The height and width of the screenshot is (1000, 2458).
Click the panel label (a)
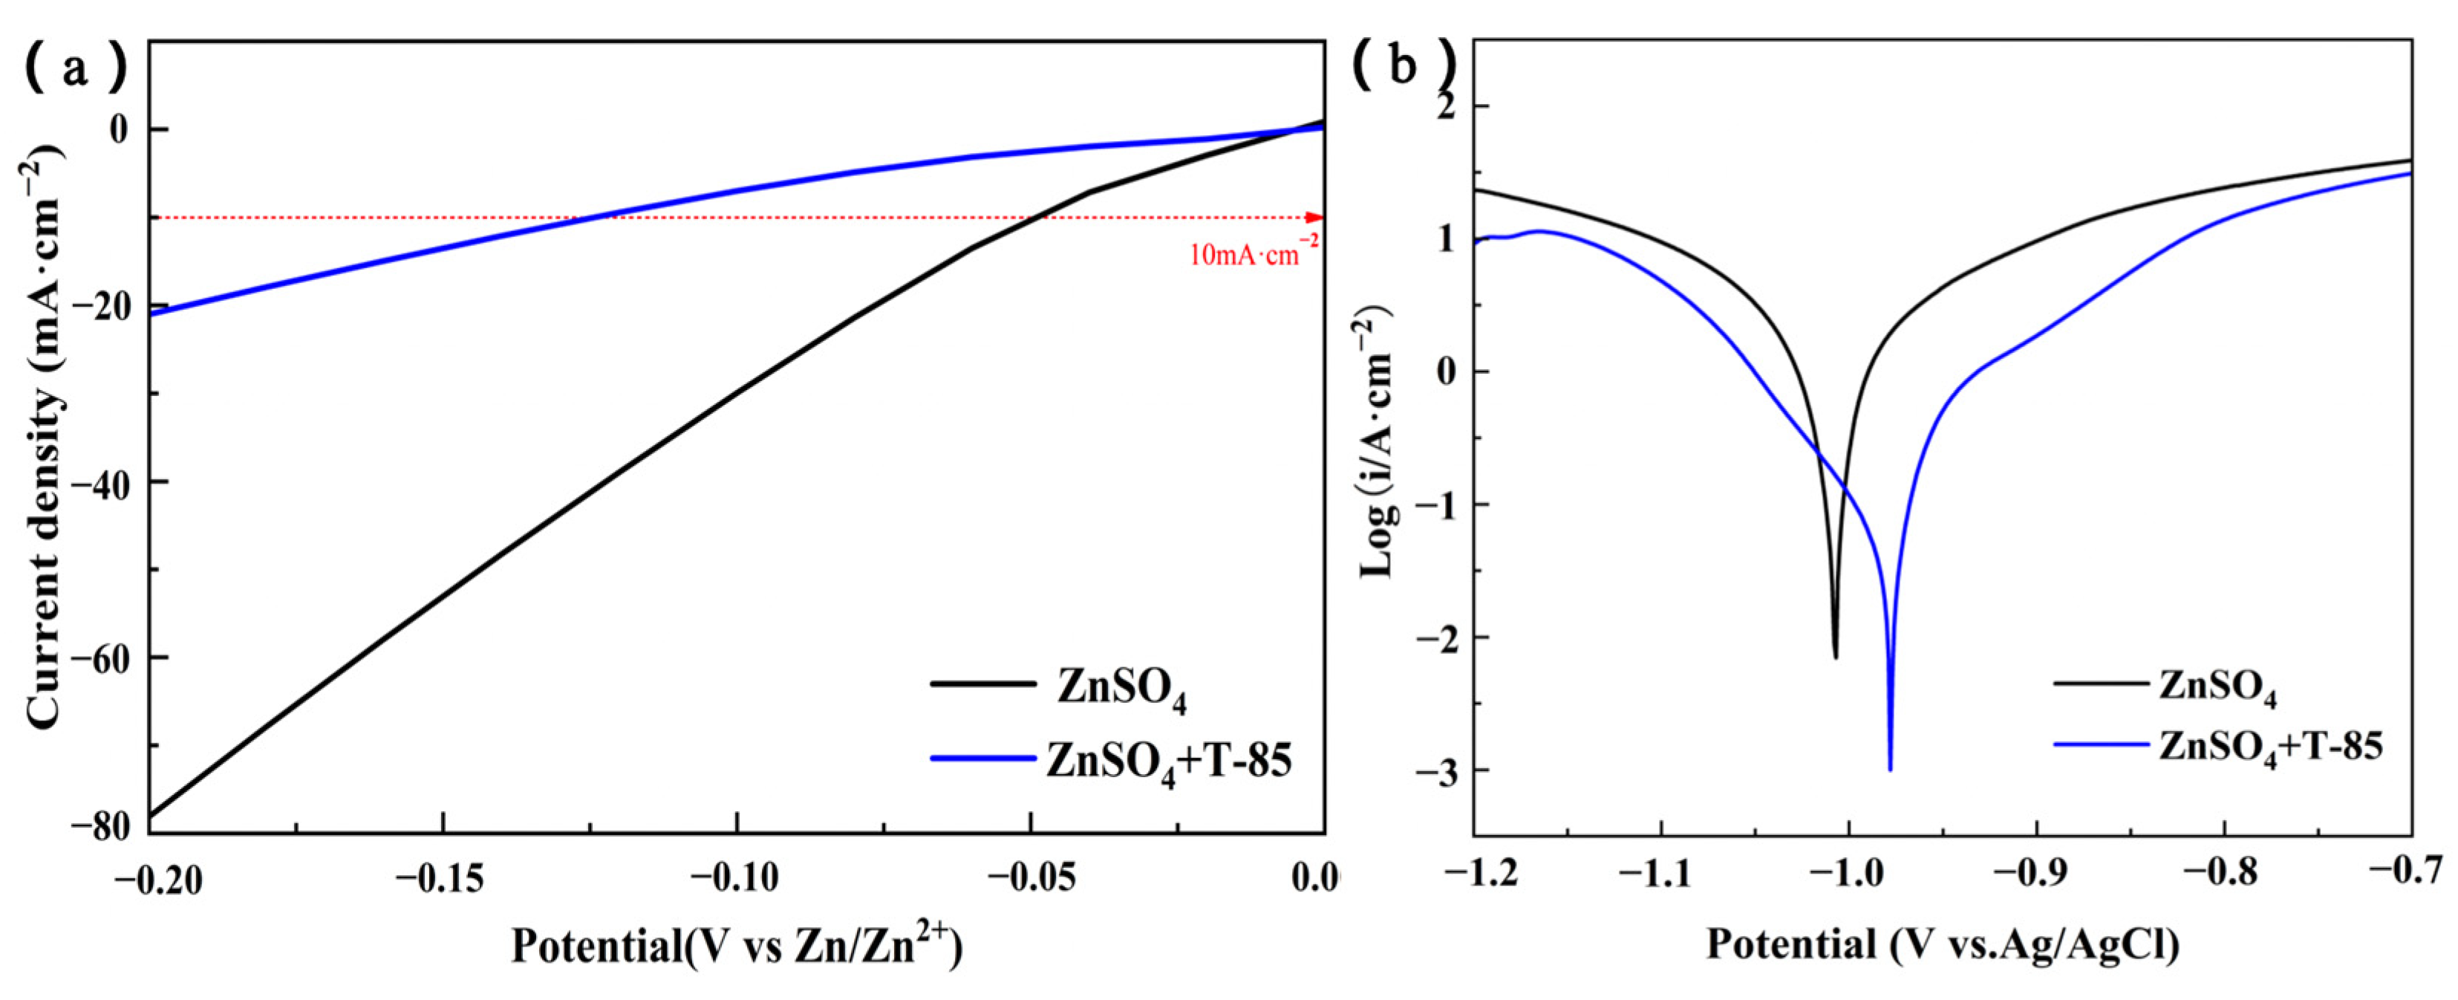click(x=74, y=68)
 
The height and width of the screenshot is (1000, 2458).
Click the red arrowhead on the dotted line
click(x=1315, y=218)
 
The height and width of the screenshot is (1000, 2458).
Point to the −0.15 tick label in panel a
click(x=443, y=880)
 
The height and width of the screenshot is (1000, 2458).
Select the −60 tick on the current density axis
click(x=101, y=658)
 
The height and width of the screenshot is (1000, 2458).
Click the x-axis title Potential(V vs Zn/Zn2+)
click(x=737, y=947)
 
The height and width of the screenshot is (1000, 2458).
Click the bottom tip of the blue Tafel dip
click(x=1890, y=769)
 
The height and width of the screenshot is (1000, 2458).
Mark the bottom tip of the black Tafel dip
click(x=1835, y=657)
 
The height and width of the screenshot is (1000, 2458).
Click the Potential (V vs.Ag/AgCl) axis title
click(x=1943, y=945)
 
